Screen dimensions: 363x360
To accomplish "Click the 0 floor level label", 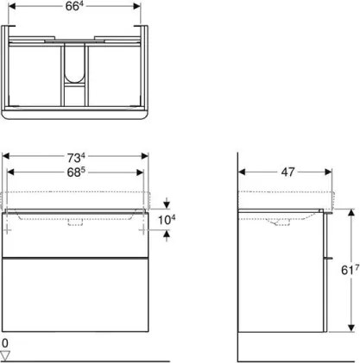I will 7,342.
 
